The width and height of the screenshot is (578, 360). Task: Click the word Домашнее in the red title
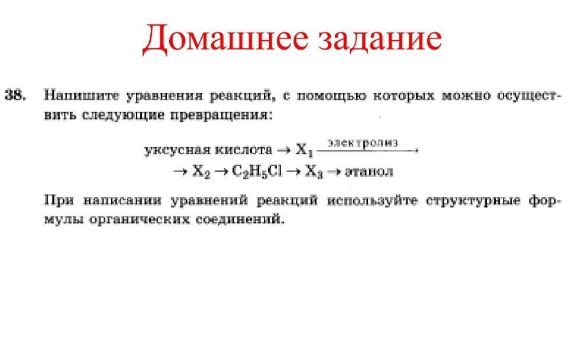[x=225, y=38]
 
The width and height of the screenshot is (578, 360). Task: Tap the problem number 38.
[x=15, y=95]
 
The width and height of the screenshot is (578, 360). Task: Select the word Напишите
[x=82, y=96]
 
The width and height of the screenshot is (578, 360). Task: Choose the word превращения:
[x=221, y=115]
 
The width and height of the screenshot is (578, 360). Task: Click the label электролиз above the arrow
[x=363, y=143]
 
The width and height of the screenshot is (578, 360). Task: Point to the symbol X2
[x=201, y=171]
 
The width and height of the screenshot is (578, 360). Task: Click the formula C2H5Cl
[x=257, y=171]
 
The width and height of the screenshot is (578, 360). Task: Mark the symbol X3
[x=314, y=171]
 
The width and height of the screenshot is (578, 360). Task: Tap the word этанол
[x=369, y=171]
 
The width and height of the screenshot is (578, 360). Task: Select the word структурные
[x=473, y=201]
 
